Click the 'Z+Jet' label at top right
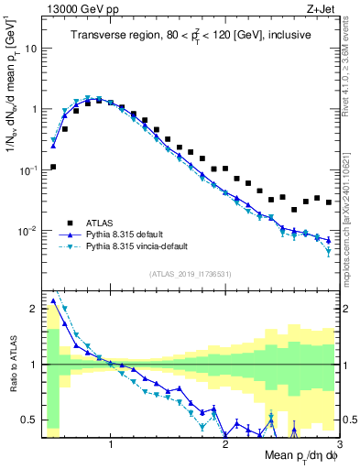click(322, 8)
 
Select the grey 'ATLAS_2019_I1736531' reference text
click(191, 274)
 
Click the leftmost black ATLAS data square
click(54, 167)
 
